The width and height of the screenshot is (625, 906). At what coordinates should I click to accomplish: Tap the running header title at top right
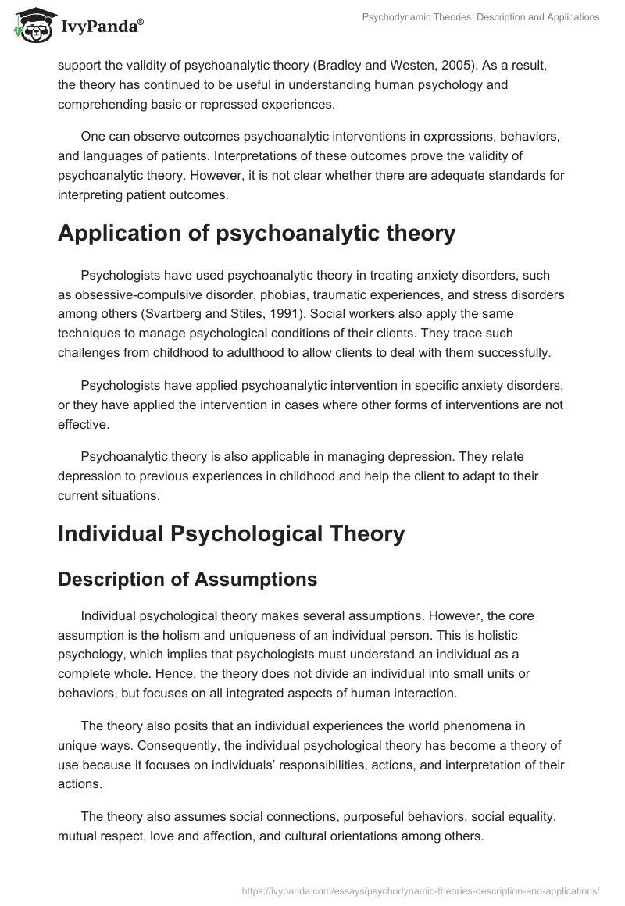pyautogui.click(x=476, y=17)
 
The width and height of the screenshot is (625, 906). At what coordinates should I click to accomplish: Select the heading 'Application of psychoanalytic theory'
pyautogui.click(x=256, y=234)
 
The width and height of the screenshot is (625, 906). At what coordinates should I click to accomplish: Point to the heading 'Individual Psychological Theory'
pyautogui.click(x=231, y=533)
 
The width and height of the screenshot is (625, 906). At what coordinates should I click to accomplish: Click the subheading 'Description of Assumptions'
pyautogui.click(x=187, y=580)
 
